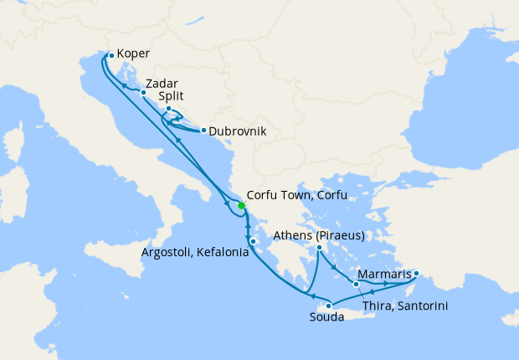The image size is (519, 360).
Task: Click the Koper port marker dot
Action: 110,56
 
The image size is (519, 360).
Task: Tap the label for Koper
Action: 134,54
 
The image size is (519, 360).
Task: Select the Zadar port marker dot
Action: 143,92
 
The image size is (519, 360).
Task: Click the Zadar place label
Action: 161,84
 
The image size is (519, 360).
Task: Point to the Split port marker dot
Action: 168,109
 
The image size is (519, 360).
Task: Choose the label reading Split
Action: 172,96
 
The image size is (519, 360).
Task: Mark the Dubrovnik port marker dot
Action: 203,130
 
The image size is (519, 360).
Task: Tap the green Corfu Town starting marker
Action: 241,205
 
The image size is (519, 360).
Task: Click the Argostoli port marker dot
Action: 253,242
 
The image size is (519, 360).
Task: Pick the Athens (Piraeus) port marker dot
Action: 320,247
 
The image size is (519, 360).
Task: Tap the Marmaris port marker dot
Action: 416,273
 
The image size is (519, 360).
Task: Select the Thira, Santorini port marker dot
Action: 357,284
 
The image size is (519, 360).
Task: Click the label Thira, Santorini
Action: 405,306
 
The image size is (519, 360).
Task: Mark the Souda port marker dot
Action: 329,305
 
